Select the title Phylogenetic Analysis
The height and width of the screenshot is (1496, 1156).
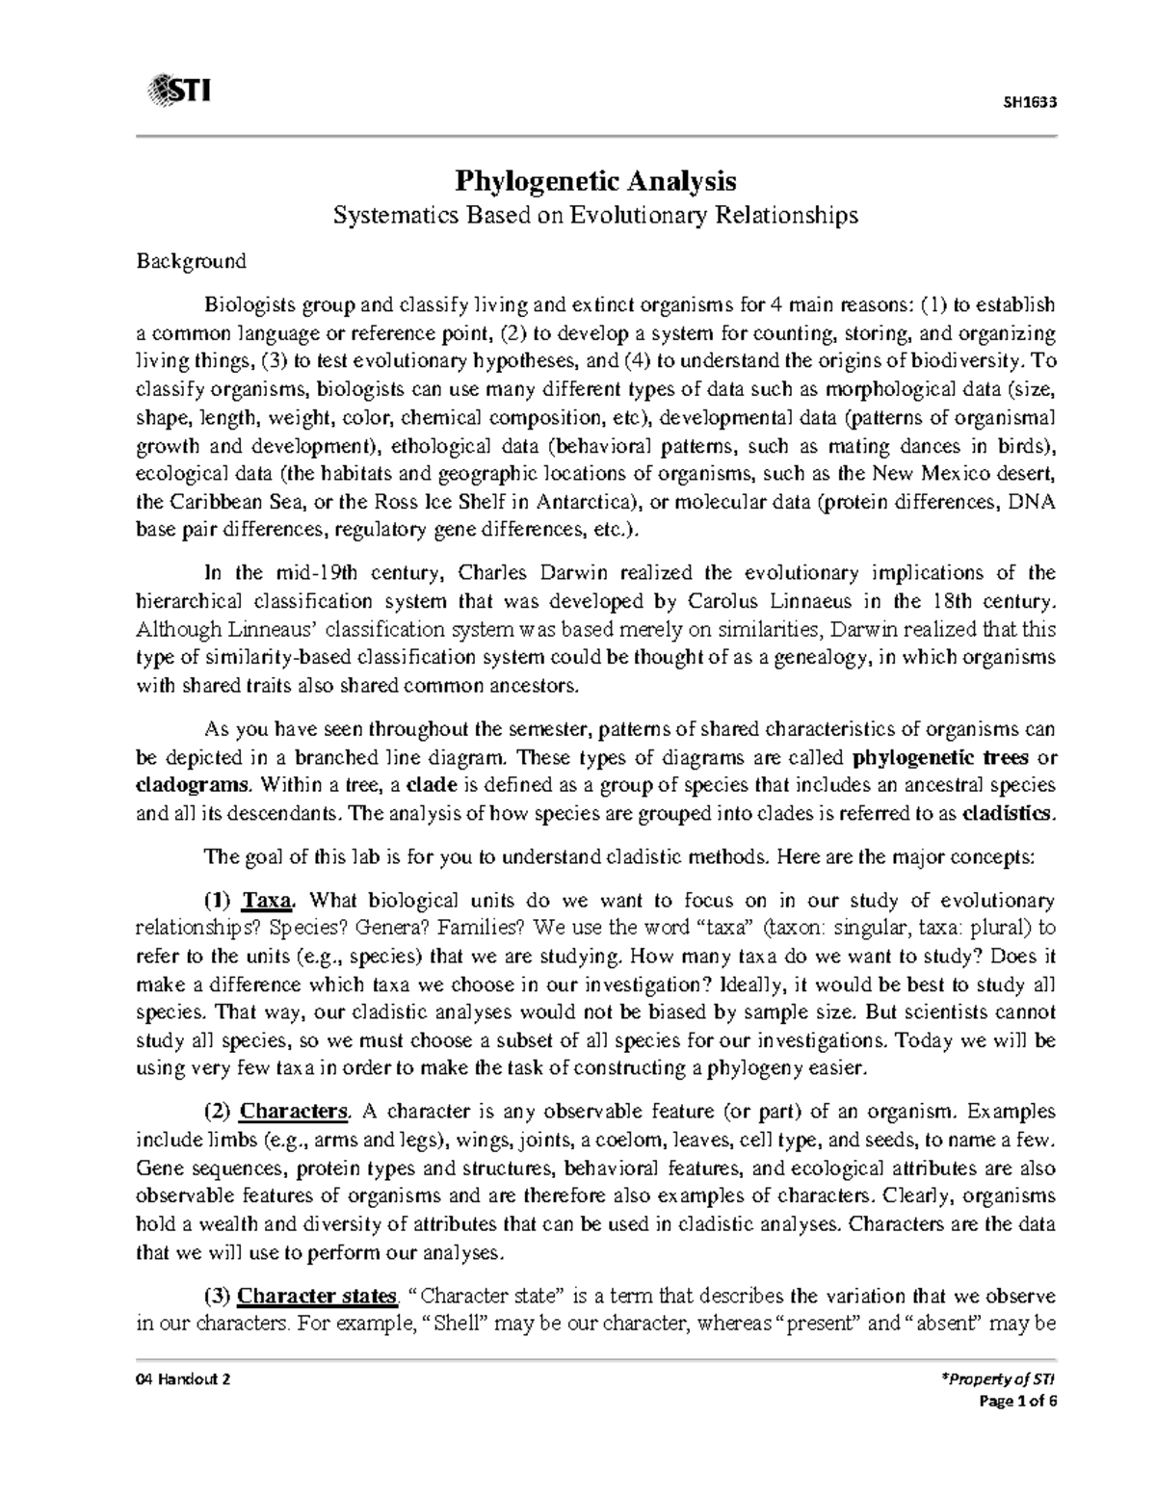pyautogui.click(x=595, y=180)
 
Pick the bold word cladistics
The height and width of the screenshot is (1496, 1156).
pyautogui.click(x=1009, y=812)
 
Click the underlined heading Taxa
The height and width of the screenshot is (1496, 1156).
pyautogui.click(x=267, y=902)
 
